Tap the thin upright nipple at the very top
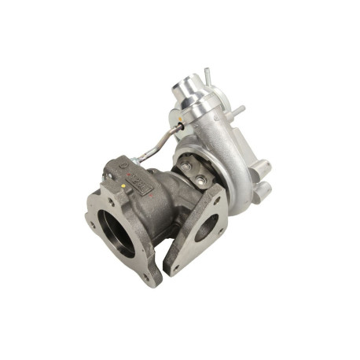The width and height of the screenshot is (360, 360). click(x=207, y=75)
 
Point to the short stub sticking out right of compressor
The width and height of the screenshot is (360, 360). click(x=237, y=111)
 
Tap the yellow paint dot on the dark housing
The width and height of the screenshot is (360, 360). click(x=124, y=186)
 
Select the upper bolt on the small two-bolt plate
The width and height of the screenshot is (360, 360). click(x=187, y=167)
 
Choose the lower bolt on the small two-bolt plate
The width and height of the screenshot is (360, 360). click(x=202, y=182)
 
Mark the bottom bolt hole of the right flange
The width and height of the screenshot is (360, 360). click(x=174, y=267)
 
